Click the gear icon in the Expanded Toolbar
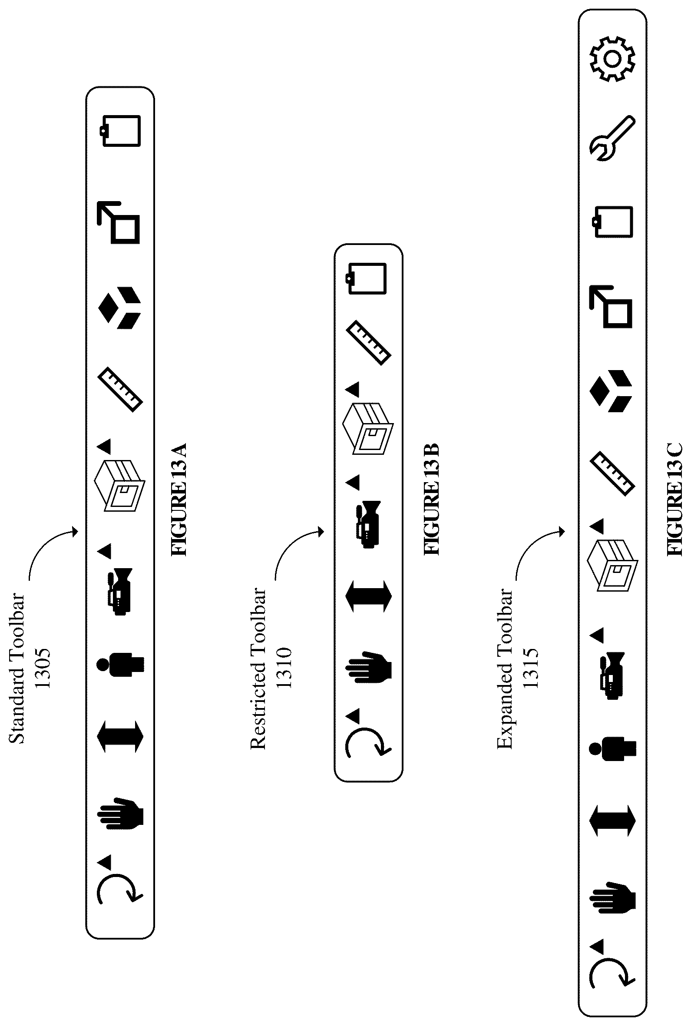[612, 59]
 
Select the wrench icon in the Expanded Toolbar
[612, 139]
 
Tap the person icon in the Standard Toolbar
[120, 665]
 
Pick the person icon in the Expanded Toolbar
[612, 748]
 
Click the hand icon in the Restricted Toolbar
[368, 667]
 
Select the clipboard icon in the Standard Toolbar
[120, 130]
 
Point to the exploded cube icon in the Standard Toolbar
[119, 308]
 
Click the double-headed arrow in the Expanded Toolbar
[612, 821]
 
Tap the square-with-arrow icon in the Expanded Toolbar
[611, 307]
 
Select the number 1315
[531, 668]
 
